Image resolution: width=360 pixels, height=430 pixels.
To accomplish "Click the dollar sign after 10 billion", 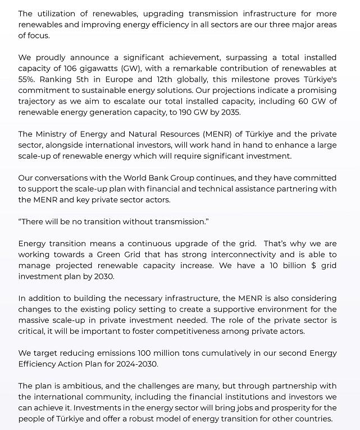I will tap(313, 265).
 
